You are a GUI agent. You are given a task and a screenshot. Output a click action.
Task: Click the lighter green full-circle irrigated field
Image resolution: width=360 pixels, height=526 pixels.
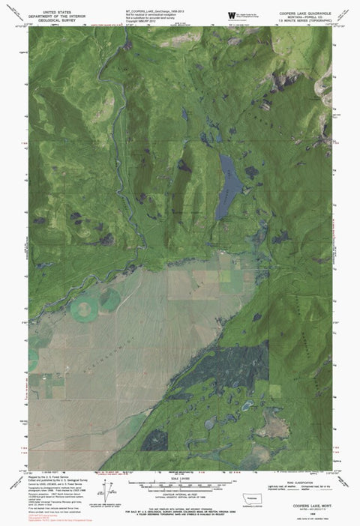pyautogui.click(x=85, y=307)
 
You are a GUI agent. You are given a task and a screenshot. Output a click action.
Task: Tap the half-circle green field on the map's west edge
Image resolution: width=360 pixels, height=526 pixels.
pyautogui.click(x=33, y=362)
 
